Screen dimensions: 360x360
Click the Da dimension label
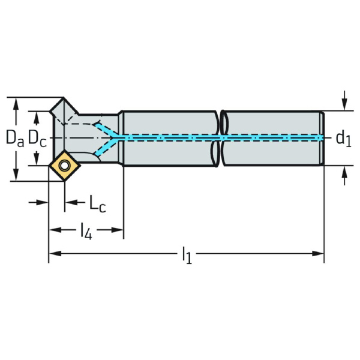pos(15,138)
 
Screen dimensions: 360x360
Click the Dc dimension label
pos(37,138)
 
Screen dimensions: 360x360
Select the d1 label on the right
pos(343,139)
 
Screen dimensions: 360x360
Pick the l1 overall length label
pos(187,256)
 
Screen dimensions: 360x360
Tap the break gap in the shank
pos(220,139)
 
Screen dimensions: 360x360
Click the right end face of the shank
pos(323,139)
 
